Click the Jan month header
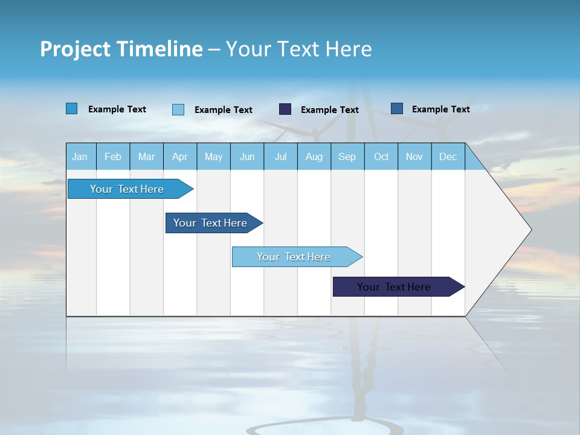80,156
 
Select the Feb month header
113,156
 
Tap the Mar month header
146,156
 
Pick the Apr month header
179,156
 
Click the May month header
213,156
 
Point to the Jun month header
247,156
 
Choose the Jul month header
280,156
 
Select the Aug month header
314,156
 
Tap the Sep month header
347,156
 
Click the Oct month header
381,156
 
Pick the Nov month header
414,156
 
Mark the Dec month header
448,156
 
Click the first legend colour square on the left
71,109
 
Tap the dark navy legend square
285,109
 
